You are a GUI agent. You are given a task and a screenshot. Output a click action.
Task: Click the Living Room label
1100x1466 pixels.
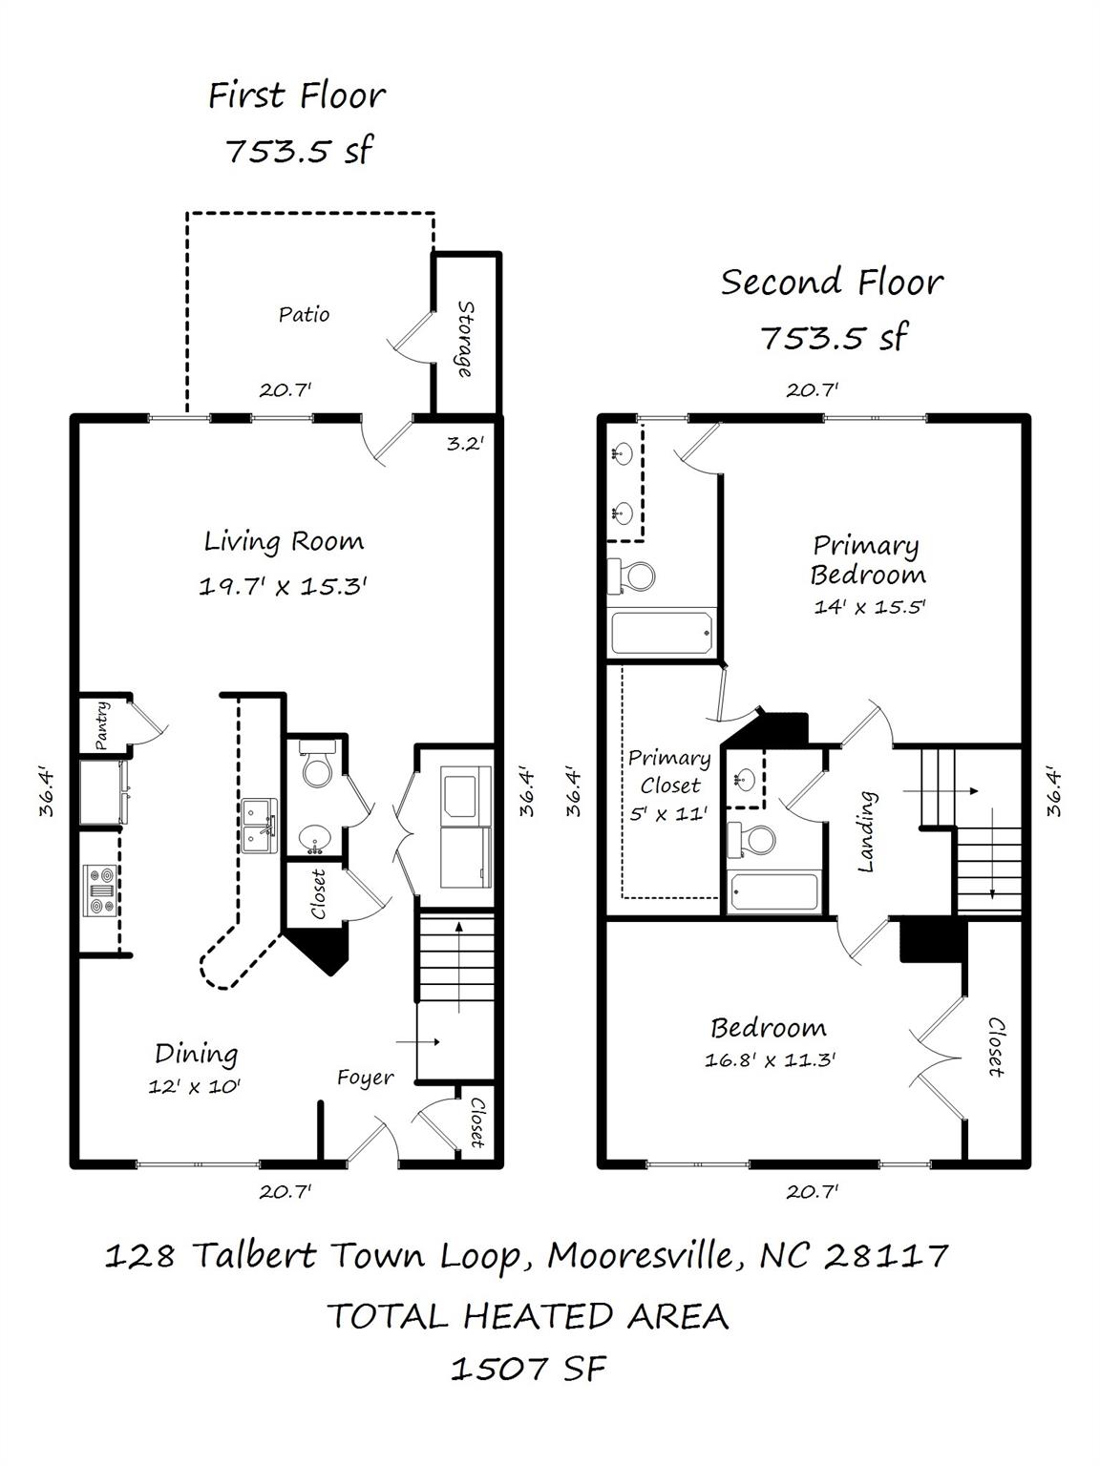click(x=284, y=542)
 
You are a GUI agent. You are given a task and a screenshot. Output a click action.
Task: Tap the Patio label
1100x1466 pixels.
click(x=304, y=314)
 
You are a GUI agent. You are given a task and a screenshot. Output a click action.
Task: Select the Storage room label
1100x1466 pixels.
click(x=465, y=339)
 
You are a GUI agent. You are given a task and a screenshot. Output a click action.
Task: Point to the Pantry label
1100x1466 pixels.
click(x=102, y=726)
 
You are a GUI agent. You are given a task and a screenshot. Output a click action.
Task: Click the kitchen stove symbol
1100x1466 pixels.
click(x=99, y=890)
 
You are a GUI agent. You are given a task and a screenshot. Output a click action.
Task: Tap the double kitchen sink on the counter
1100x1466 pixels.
click(x=259, y=827)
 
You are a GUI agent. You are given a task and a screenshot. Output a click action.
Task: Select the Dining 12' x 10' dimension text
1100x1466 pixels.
click(x=194, y=1086)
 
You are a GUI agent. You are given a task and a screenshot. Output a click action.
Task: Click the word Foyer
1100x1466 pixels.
click(x=365, y=1078)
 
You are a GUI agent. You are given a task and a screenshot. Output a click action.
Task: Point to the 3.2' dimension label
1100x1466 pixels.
click(x=465, y=443)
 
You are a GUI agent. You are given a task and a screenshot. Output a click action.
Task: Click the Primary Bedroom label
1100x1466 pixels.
click(x=867, y=559)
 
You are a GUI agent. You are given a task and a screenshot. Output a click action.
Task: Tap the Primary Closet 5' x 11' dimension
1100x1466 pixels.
click(x=667, y=814)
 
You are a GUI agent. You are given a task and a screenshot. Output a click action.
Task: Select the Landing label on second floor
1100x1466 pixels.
click(x=867, y=830)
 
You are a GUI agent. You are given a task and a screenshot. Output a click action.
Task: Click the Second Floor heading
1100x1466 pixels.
click(x=832, y=283)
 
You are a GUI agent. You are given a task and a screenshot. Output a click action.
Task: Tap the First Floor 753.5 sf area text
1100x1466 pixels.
click(x=298, y=151)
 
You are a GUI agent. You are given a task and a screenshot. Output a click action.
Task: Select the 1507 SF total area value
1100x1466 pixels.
click(x=527, y=1369)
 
